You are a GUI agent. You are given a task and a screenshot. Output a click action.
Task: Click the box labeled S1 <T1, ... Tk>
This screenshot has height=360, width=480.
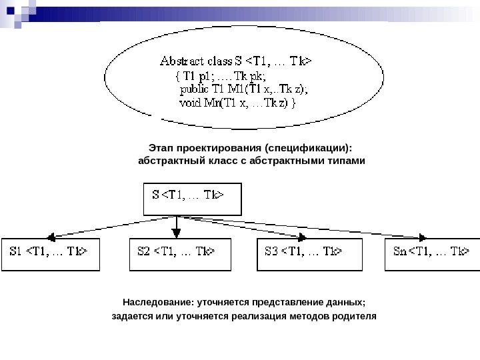(x=51, y=253)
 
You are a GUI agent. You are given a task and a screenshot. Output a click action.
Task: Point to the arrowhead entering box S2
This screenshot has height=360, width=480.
(x=176, y=233)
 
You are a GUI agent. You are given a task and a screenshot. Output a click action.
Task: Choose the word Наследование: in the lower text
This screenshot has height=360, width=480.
(x=155, y=301)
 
